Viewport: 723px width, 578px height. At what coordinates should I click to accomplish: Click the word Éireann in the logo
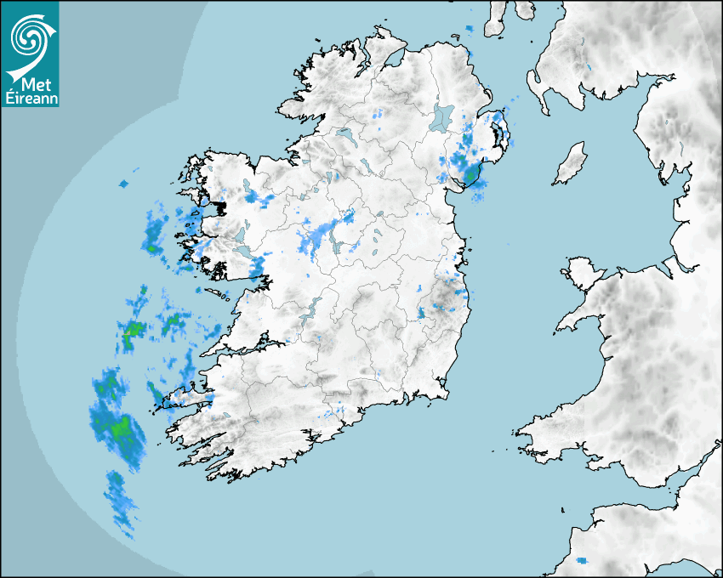[30, 97]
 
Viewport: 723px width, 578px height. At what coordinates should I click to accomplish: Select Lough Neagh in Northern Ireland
[443, 116]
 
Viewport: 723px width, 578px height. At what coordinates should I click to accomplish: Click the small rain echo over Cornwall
[582, 561]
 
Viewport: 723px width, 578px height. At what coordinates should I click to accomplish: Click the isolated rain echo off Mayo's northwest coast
[123, 184]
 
